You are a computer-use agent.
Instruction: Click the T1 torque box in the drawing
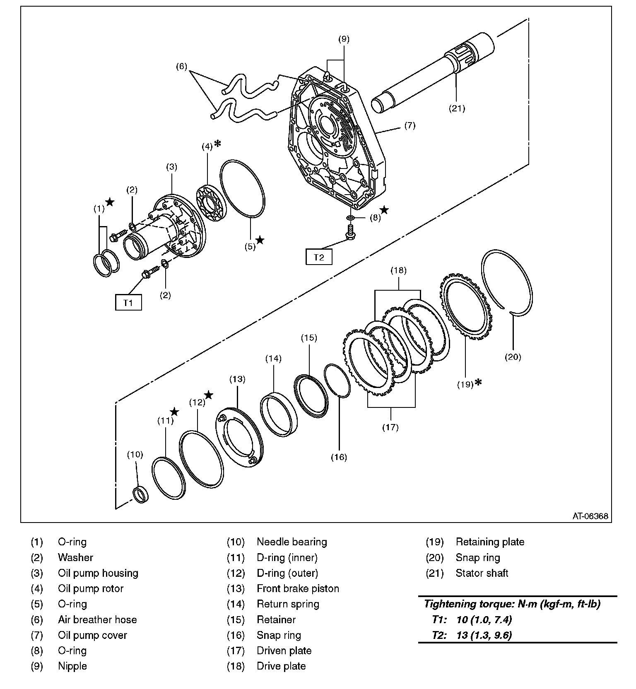tap(128, 302)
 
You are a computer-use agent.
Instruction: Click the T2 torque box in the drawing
tap(319, 257)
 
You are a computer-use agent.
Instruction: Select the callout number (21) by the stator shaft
tap(457, 108)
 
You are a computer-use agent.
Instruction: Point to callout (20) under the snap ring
tap(513, 357)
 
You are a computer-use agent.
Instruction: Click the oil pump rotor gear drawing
tap(211, 203)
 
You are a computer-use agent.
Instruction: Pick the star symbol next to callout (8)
tap(384, 210)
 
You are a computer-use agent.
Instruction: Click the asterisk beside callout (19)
tap(479, 382)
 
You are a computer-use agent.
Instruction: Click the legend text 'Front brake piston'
tap(298, 588)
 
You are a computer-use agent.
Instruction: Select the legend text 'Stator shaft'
tap(482, 573)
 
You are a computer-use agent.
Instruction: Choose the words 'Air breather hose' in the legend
tap(97, 619)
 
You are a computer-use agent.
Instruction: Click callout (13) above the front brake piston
tap(237, 379)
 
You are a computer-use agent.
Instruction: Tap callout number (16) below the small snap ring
tap(339, 457)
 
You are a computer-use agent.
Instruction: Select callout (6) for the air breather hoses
tap(181, 66)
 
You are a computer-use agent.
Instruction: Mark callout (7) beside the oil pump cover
tap(410, 125)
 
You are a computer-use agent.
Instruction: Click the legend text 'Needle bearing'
tap(292, 542)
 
